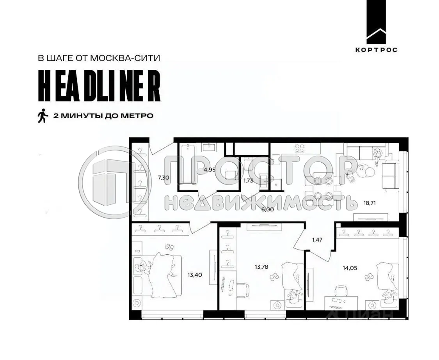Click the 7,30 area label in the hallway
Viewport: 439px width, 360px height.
[163, 177]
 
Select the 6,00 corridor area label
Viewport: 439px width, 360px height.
[268, 209]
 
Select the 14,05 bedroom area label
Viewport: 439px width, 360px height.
[350, 268]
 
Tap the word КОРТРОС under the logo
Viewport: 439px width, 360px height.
[376, 50]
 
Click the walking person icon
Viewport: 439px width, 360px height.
[43, 116]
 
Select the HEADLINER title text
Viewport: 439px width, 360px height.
[99, 87]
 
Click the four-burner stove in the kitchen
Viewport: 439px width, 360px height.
[299, 148]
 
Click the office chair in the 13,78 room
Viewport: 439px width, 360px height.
[242, 289]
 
